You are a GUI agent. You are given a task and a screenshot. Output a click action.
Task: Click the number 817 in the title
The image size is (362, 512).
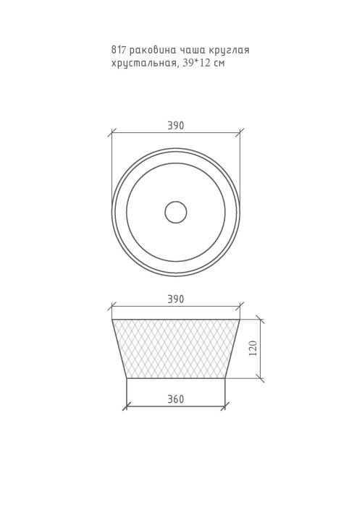119,51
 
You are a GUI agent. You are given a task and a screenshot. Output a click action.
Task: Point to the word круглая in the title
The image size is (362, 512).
230,51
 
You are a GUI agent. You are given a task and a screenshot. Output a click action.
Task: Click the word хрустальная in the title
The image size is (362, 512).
145,64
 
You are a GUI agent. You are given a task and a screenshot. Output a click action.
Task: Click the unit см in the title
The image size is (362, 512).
219,64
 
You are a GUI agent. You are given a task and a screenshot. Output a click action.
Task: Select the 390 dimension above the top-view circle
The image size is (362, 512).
176,125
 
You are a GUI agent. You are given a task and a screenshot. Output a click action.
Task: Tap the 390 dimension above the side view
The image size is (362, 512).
176,299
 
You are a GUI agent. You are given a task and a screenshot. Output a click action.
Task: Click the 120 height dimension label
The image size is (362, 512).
253,348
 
